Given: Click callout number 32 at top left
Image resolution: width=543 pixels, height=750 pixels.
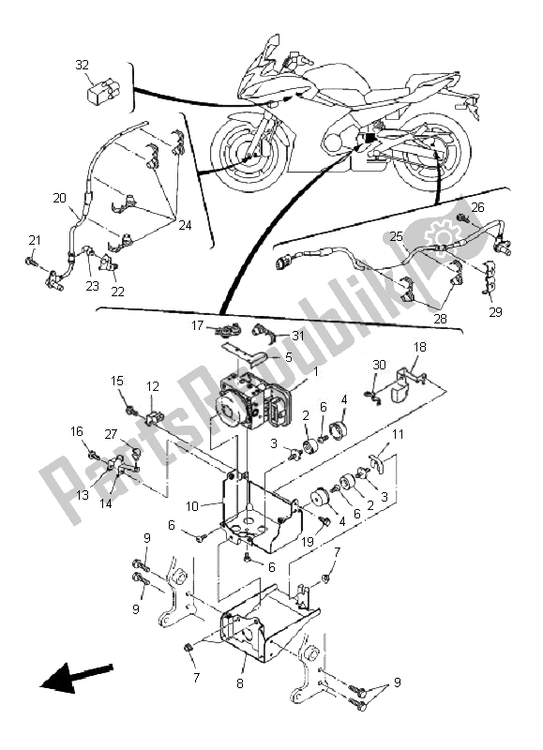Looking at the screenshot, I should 83,65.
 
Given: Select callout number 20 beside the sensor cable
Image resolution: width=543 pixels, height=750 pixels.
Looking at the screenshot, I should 59,198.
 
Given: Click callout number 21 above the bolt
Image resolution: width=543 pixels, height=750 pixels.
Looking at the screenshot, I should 35,241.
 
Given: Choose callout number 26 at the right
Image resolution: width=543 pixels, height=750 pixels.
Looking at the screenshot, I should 478,207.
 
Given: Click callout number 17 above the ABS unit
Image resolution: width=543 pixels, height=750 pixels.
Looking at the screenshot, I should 198,326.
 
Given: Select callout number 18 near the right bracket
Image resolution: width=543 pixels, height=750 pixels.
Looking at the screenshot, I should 419,347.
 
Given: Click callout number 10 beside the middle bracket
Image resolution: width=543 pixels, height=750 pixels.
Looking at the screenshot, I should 192,506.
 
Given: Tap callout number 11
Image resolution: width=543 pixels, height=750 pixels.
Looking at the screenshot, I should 398,434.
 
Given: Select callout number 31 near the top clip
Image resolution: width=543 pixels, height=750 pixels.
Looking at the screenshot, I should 298,337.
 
